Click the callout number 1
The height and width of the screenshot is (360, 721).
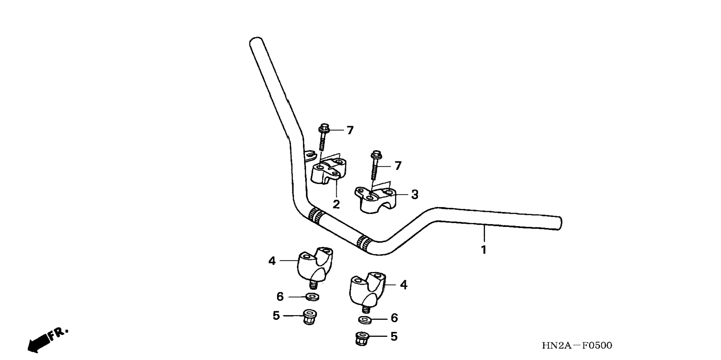pos(484,250)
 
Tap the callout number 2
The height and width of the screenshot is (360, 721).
pos(336,204)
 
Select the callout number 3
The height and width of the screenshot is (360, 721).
pos(415,194)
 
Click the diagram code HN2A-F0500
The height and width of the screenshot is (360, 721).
pos(577,345)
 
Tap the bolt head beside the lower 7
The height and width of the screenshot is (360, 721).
pos(376,155)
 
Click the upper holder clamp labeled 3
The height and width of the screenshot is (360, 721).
pos(375,200)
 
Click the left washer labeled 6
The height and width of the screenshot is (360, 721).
pos(312,297)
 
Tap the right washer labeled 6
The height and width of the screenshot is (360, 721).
pos(365,319)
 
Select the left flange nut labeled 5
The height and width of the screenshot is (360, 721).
pos(309,317)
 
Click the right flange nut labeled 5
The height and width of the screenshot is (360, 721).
pos(361,338)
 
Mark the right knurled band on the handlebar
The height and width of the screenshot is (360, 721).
pos(363,243)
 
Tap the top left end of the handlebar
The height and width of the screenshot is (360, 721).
pos(256,41)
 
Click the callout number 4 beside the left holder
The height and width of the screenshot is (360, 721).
pos(272,261)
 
